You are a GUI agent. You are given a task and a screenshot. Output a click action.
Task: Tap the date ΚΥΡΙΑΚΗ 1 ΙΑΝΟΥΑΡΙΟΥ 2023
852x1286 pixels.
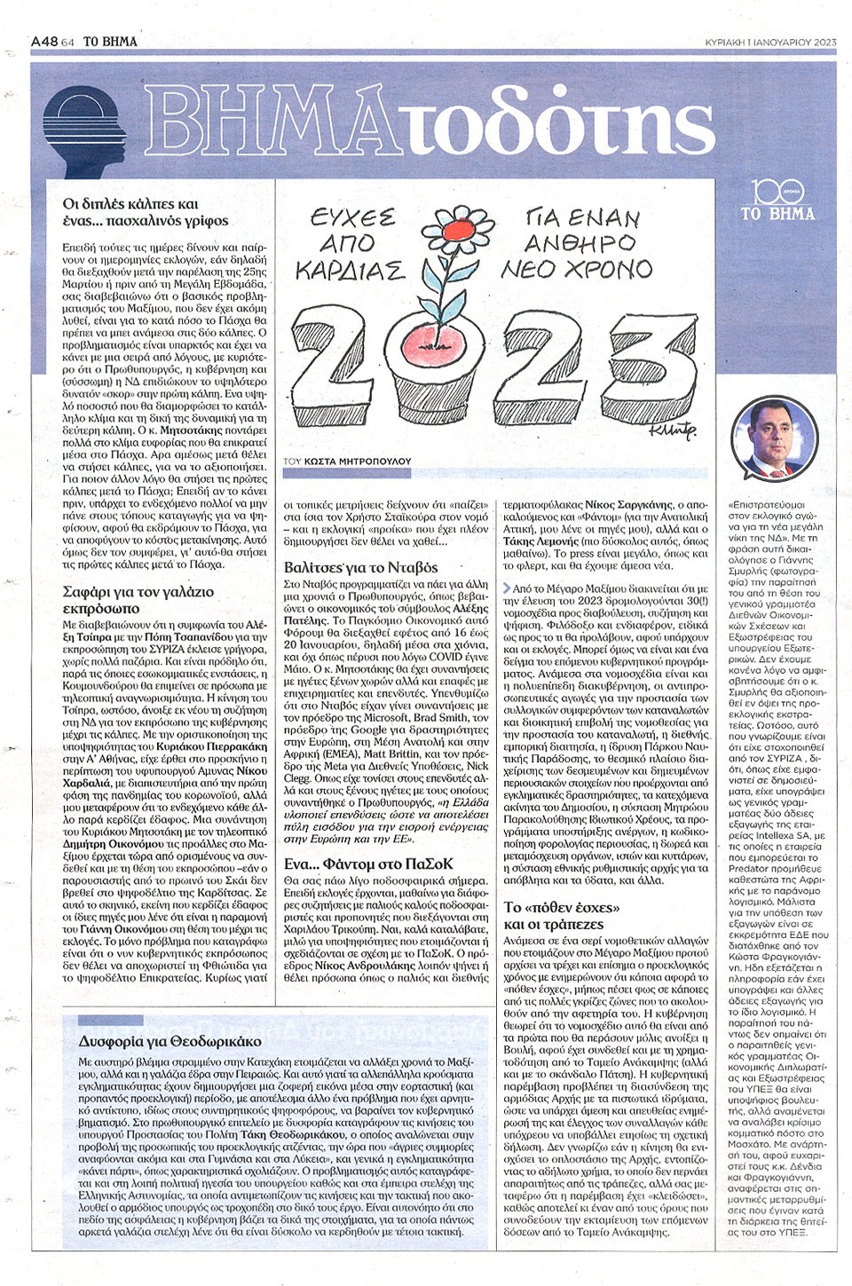769,15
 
